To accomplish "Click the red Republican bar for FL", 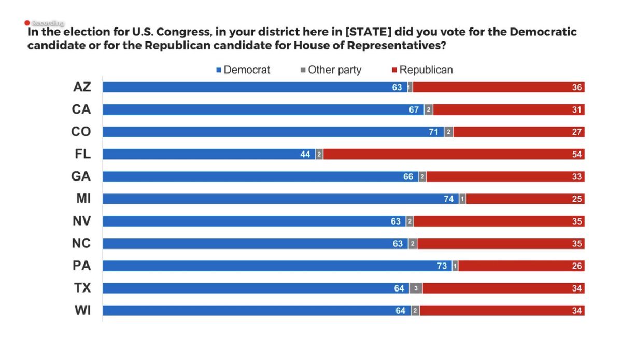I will (x=454, y=154).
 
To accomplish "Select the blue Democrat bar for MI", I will (x=280, y=199).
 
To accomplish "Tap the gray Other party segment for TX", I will (x=416, y=288).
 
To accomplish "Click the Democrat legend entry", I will (x=243, y=70).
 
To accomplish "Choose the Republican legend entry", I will (x=422, y=70).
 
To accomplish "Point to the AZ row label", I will (x=82, y=87).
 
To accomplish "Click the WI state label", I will (x=82, y=310).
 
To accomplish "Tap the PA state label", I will (x=82, y=266).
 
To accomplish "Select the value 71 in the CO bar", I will (x=433, y=132).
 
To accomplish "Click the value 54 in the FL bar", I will (x=576, y=154).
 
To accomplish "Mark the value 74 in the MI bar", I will (x=448, y=199).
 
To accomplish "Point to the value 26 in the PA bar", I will (x=576, y=266).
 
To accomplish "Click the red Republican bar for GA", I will (x=505, y=176).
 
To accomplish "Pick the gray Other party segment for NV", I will (x=410, y=221).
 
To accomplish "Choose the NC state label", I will (x=82, y=243).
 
